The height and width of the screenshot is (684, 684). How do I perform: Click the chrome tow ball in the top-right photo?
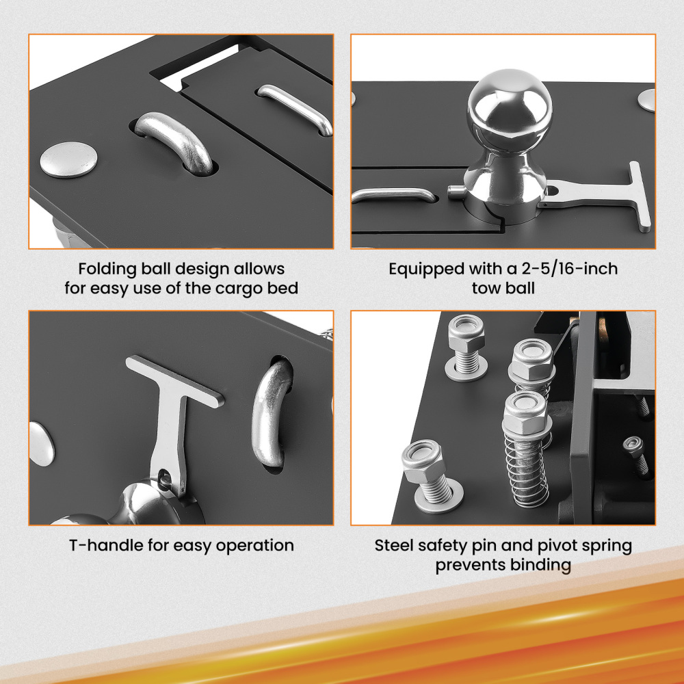point(510,109)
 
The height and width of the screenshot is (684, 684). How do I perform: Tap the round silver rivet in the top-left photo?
point(68,159)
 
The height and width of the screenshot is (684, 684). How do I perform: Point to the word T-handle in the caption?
point(101,546)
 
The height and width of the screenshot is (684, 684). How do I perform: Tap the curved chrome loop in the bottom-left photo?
point(270,417)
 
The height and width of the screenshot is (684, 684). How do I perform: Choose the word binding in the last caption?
point(540,566)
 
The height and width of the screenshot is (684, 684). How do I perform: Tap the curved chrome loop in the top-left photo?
point(174,140)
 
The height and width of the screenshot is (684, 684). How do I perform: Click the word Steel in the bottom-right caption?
point(396,547)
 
